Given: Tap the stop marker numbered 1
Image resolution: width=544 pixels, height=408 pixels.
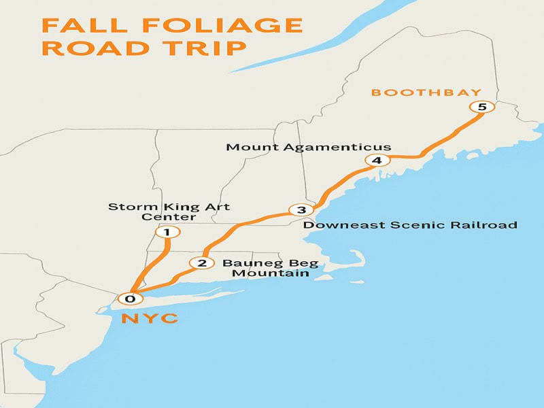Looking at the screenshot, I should pos(167,233).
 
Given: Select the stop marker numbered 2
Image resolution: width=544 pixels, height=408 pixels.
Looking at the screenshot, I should pos(201,263).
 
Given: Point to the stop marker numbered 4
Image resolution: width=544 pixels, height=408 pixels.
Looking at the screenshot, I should pos(376,160).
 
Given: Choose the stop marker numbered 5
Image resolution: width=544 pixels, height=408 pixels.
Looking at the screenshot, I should pos(482,107).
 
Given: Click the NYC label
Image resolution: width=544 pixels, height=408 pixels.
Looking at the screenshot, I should pos(150,318).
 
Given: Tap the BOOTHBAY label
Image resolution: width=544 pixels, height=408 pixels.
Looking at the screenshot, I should pos(426,92).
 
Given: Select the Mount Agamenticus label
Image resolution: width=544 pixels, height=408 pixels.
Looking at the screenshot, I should pos(309,147).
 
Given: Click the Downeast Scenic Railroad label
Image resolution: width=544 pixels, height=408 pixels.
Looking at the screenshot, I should pos(410,225).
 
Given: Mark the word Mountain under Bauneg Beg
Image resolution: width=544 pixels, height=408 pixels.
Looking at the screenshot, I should pos(270,273).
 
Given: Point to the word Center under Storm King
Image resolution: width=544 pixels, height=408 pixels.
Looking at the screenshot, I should pos(169,217).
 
